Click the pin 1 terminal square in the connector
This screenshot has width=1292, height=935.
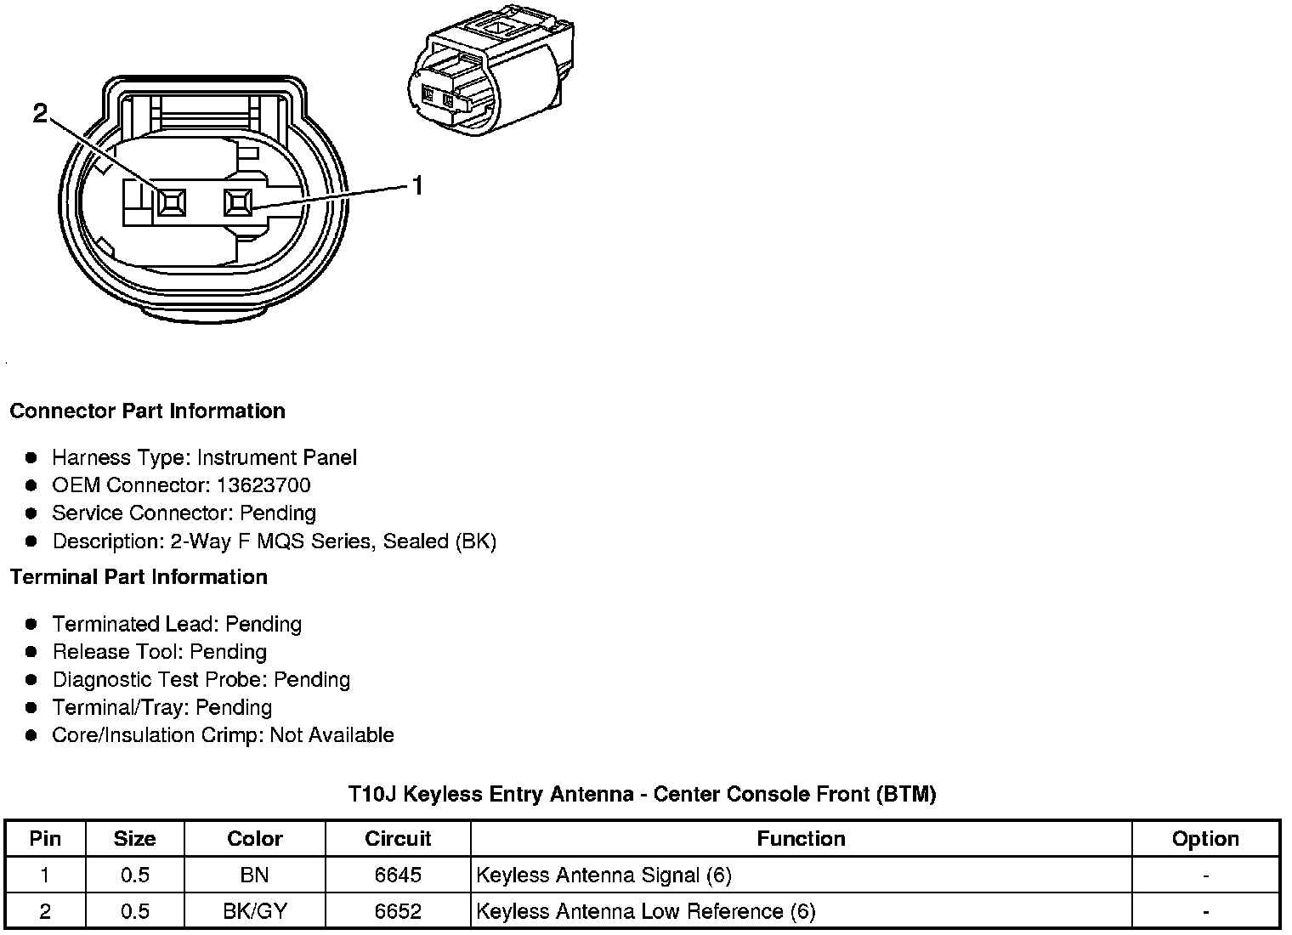[x=237, y=202]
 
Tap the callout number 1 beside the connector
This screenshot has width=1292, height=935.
[x=417, y=185]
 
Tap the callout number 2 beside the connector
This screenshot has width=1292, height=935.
[x=40, y=112]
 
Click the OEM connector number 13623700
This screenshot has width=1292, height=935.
[x=263, y=485]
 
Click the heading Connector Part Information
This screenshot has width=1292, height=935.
[x=147, y=411]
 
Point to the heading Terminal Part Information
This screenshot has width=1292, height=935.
[x=139, y=577]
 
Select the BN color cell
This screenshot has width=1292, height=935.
[x=254, y=875]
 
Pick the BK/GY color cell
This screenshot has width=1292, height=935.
[x=254, y=911]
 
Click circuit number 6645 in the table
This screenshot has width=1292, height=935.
[x=398, y=875]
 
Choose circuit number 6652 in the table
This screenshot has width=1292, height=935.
[x=398, y=911]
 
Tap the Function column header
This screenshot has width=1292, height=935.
[x=801, y=839]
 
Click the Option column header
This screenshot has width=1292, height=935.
[x=1205, y=839]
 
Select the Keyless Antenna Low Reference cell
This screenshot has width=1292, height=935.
[x=646, y=911]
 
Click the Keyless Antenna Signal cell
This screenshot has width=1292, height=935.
[x=603, y=875]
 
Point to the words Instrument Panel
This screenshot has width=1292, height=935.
[x=277, y=457]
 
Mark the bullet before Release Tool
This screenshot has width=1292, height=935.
[x=31, y=652]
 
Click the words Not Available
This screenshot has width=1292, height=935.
[x=331, y=735]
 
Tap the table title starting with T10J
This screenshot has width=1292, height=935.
[x=642, y=794]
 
